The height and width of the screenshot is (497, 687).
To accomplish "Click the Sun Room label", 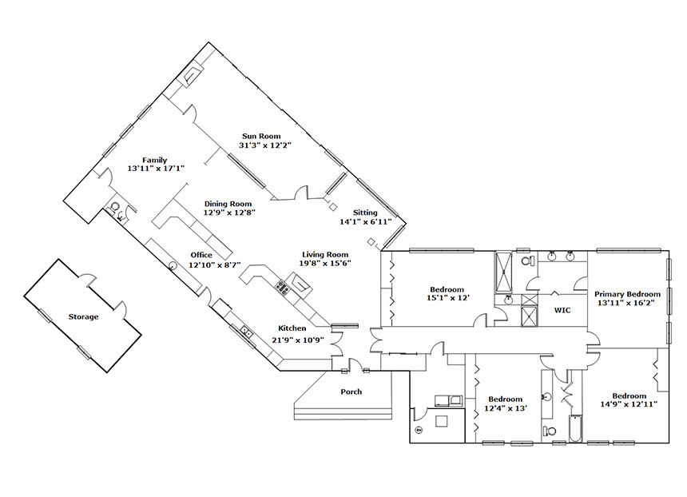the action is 261,137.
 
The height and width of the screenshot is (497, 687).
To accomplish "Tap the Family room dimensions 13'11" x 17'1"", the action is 156,169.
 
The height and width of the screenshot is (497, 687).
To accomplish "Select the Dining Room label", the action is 228,204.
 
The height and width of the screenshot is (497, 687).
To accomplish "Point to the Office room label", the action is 201,255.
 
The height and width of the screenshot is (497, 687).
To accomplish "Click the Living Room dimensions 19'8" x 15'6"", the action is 325,264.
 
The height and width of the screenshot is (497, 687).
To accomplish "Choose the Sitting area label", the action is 365,213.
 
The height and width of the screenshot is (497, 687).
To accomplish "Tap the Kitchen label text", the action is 292,328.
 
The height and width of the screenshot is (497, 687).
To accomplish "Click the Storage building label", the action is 83,317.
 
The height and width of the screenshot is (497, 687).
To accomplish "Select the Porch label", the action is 351,392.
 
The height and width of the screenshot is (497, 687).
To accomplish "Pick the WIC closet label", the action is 562,310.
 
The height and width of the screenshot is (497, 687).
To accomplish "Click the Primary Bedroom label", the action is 627,294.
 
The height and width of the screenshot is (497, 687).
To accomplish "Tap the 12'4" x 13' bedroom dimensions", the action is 505,408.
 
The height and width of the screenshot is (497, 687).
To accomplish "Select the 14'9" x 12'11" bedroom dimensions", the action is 629,404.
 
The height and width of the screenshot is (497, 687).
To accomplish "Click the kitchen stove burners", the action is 281,288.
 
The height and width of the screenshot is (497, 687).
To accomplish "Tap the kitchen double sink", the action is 246,332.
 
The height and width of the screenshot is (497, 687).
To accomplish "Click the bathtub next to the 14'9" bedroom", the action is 575,427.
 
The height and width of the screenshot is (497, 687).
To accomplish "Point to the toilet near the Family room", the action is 115,206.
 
